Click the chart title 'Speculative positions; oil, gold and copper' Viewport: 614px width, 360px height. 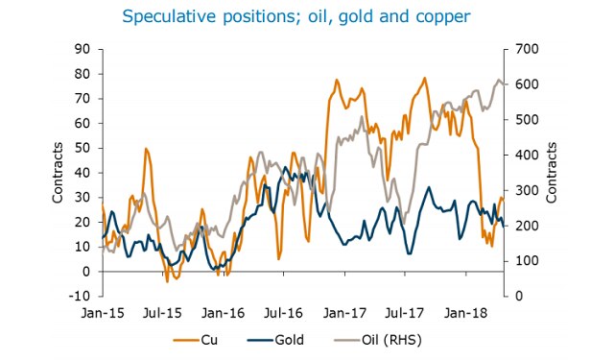(307, 17)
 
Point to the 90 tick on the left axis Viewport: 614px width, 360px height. (83, 49)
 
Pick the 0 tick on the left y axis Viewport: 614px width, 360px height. (86, 272)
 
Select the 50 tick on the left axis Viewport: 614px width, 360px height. (83, 148)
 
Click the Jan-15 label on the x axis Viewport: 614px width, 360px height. (104, 312)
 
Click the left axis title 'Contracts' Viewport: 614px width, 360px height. (58, 173)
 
